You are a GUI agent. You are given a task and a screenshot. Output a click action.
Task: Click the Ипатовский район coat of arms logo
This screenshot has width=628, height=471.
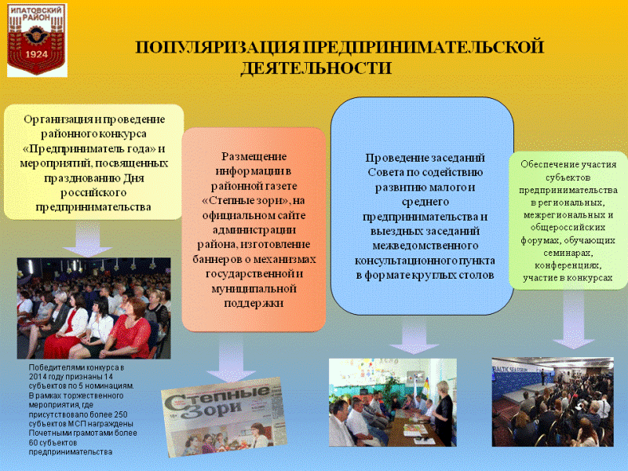[37, 40]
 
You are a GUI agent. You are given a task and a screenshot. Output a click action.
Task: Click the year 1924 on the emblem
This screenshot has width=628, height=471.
[36, 54]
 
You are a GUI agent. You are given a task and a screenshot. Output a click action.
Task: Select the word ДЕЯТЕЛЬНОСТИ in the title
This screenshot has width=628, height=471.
[316, 68]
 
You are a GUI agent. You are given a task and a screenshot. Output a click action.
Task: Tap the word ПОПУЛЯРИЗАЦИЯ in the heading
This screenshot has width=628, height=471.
[217, 47]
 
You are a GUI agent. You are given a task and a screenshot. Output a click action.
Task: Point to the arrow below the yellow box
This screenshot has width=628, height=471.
[88, 239]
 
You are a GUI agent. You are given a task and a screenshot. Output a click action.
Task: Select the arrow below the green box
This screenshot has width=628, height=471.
[573, 319]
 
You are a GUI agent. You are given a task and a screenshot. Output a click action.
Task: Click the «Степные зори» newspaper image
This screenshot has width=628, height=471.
[224, 417]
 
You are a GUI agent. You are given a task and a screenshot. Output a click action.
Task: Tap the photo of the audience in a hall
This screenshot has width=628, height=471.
[93, 308]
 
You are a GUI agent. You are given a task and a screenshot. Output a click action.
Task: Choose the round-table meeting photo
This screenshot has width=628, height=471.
[392, 402]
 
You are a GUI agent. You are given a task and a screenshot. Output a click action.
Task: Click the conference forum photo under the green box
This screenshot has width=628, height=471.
[553, 402]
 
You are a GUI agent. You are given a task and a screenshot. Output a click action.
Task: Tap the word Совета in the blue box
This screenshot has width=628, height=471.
[384, 173]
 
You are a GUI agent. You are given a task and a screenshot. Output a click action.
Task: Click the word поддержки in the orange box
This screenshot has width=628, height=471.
[254, 304]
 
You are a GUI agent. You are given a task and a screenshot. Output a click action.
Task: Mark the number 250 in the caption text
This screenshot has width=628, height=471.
[121, 414]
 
